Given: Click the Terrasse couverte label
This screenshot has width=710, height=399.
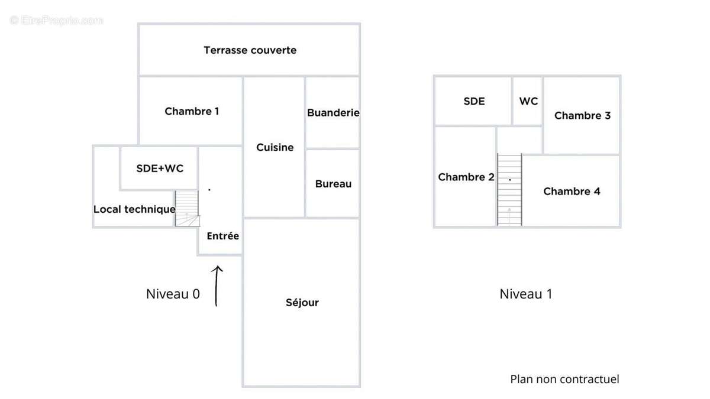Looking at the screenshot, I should pos(250,50).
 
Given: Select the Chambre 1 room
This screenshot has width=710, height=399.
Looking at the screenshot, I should pos(192,111).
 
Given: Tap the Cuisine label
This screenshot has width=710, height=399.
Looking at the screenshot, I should pos(275,147).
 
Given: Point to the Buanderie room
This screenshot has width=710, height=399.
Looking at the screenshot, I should pos(333,112).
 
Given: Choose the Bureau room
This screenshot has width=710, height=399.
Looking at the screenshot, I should pos(333,184).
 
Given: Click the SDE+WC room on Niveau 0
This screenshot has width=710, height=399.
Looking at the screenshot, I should pos(160,168).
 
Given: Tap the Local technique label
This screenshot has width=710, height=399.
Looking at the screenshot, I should pos(134,209).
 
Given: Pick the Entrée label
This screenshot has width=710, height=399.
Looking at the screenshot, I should pos(222,236).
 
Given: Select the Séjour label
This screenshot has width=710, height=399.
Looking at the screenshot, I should pos(302,303).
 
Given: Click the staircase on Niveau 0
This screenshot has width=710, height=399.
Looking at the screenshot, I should pos(187,209).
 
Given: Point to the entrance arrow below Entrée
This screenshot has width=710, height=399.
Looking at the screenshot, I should pos(217,286).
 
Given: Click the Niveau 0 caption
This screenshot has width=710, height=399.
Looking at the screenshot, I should pos(173,294).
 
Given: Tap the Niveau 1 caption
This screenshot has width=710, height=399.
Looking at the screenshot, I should pos(525,294).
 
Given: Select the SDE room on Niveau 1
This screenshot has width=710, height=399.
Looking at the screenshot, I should pos(474,101).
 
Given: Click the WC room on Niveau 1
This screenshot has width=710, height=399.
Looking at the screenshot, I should pos(528,101).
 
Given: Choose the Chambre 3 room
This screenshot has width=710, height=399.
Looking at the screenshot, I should pos(582,115).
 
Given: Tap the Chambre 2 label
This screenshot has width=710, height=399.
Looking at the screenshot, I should pos(466,177).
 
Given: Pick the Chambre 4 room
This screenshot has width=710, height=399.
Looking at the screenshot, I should pos(572,191).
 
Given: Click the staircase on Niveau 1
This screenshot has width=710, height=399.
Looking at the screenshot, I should pos(509,190).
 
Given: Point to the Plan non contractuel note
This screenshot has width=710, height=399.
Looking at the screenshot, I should pos(564,379).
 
